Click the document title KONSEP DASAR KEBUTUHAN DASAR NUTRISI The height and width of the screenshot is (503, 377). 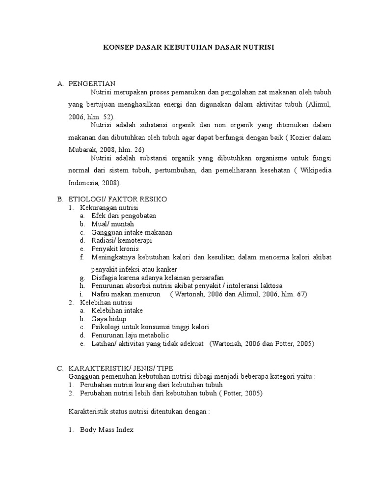(x=188, y=48)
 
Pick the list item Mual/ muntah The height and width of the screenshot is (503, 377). (x=112, y=224)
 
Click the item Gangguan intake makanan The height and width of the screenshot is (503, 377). (x=132, y=232)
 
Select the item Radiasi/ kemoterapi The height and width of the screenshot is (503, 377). (x=122, y=240)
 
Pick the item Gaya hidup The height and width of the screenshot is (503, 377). (x=108, y=319)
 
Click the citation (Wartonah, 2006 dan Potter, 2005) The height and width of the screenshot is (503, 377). (x=262, y=343)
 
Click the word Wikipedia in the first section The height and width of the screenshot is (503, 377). (x=316, y=170)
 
